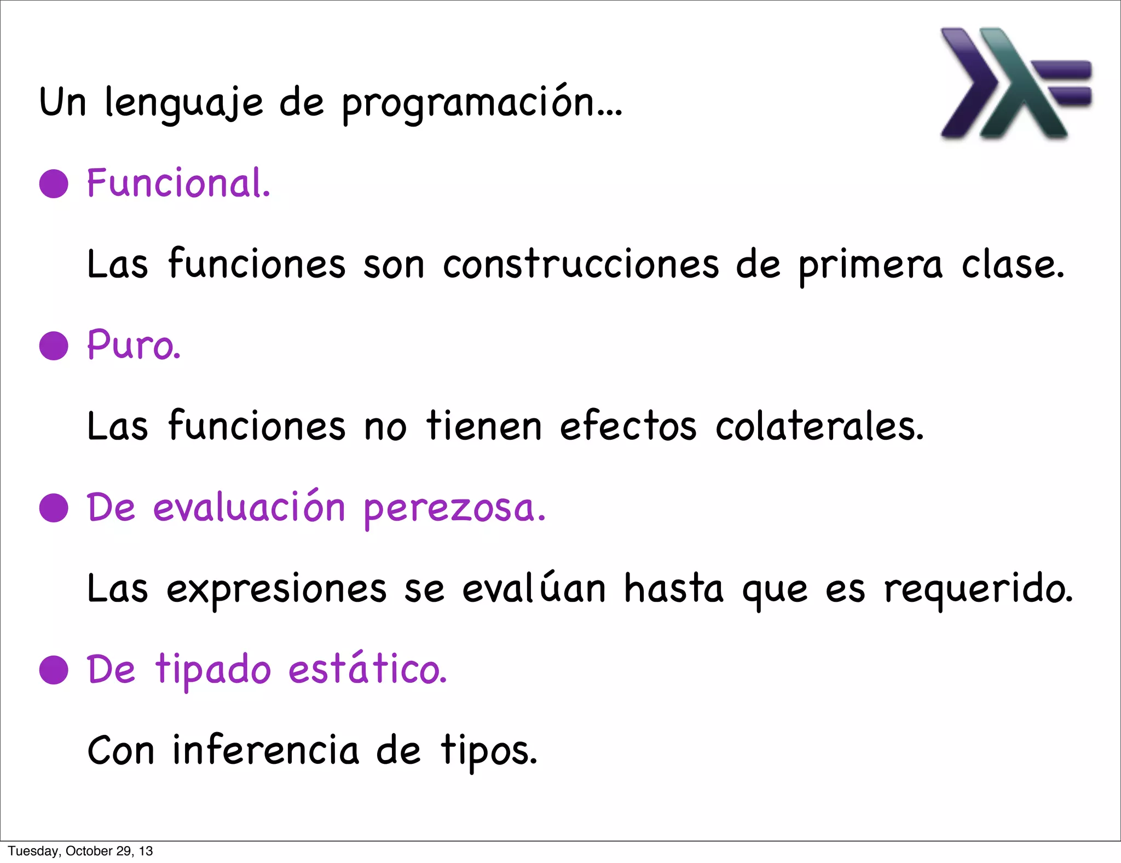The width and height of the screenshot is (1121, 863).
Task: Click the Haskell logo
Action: pos(1015,83)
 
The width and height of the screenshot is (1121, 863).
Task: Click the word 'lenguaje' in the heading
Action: pos(183,102)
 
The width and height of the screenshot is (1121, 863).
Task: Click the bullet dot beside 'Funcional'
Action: pos(54,183)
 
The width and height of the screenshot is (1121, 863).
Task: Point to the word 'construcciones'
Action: pos(580,264)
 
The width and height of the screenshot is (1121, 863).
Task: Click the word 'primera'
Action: pos(870,266)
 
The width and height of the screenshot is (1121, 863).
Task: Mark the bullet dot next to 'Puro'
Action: pos(54,346)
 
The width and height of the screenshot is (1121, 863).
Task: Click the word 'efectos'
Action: pos(628,426)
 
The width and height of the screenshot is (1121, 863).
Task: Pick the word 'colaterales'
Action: pos(819,426)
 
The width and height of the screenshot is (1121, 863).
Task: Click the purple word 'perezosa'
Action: pos(454,509)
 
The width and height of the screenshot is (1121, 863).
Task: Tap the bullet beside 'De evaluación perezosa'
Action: pos(54,508)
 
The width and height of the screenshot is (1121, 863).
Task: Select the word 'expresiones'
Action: pos(276,589)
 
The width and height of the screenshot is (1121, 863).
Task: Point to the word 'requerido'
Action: pos(978,589)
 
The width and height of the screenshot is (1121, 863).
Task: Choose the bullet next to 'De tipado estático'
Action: pos(54,670)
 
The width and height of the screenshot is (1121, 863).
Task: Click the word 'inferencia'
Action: pos(265,750)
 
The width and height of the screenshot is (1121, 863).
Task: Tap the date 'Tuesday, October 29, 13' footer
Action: pos(80,851)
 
